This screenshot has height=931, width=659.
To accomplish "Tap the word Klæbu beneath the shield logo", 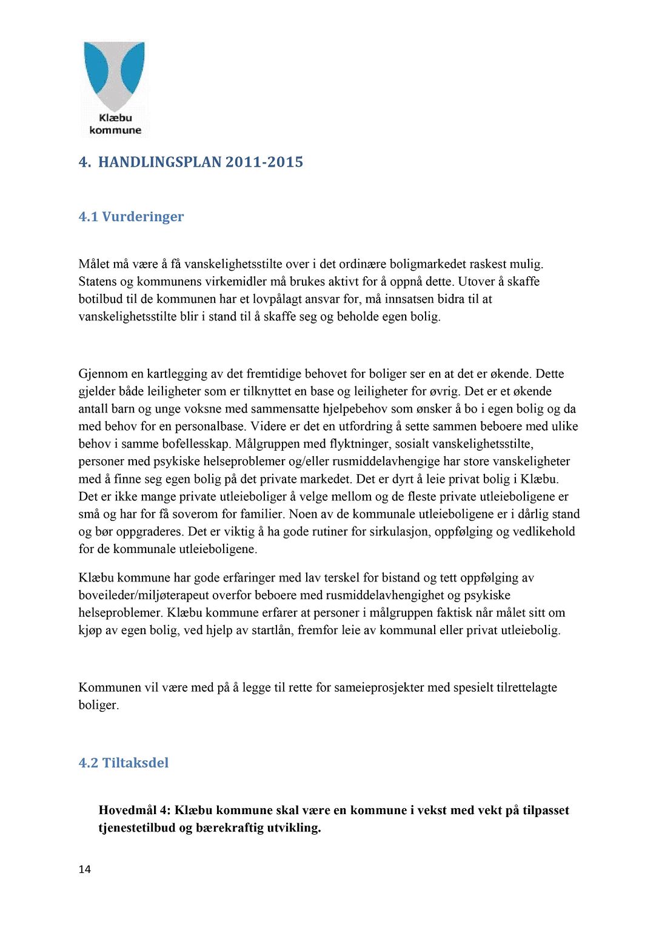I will (x=115, y=118).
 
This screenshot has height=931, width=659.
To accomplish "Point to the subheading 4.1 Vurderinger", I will (x=131, y=217).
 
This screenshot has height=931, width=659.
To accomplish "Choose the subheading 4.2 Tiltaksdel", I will (x=124, y=763).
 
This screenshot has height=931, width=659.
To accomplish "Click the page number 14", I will (x=85, y=869).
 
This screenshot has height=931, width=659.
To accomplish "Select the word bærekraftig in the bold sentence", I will (x=227, y=828).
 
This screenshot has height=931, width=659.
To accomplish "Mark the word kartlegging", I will (x=176, y=374).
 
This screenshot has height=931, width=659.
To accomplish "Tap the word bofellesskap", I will (x=196, y=444).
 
